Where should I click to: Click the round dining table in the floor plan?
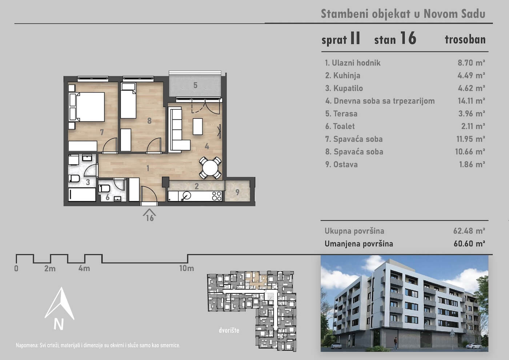tap(210, 168)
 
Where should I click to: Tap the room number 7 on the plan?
tap(102, 132)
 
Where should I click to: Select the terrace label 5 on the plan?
tap(195, 85)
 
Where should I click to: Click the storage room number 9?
tap(237, 192)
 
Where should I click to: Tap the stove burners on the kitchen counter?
tap(217, 196)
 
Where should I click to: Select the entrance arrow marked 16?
tap(149, 215)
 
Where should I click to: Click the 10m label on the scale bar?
tap(187, 268)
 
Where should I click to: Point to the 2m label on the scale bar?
tap(50, 269)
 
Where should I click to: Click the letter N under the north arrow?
tap(59, 324)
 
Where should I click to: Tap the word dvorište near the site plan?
tap(229, 330)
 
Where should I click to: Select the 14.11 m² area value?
tap(472, 101)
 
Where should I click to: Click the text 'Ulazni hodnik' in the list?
tap(356, 63)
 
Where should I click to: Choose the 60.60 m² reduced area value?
tap(469, 244)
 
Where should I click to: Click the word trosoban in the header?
tap(465, 40)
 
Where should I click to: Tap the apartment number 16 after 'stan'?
tap(408, 38)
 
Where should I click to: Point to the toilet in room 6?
tap(104, 188)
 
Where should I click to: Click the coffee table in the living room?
tap(198, 127)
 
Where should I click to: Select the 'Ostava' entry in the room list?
tap(345, 164)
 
